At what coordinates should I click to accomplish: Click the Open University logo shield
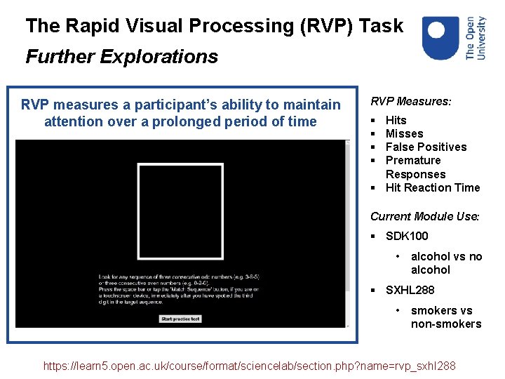(x=441, y=38)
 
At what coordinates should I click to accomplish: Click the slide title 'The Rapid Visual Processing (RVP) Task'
(x=215, y=27)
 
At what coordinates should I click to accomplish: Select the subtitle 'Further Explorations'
(x=121, y=56)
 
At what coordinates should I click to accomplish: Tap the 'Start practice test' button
(x=181, y=319)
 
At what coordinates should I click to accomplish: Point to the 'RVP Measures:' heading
(x=410, y=101)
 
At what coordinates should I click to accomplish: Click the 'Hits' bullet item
(x=396, y=120)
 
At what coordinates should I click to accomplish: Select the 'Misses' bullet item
(x=404, y=133)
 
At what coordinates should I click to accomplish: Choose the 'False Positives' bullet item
(x=426, y=147)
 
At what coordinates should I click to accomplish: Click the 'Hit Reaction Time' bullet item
(x=432, y=187)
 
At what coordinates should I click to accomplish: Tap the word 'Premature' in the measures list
(x=413, y=160)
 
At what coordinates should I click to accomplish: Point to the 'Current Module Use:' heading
(x=424, y=216)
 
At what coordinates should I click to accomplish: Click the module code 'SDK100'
(x=407, y=236)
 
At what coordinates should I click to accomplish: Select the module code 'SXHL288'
(x=410, y=290)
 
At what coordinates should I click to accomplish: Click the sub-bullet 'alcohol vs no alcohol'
(x=446, y=263)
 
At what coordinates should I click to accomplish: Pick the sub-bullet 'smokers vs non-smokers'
(x=446, y=317)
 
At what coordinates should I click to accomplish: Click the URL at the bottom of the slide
(x=249, y=366)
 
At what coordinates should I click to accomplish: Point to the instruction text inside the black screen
(x=178, y=288)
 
